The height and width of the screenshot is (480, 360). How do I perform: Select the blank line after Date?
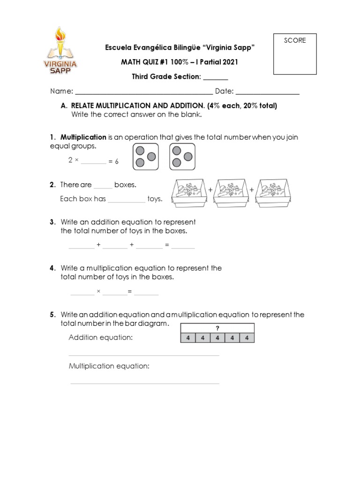[268, 92]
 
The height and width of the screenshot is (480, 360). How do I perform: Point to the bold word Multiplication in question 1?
[83, 137]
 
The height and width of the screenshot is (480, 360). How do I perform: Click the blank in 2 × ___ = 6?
[94, 162]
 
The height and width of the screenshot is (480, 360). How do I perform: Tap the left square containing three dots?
[146, 157]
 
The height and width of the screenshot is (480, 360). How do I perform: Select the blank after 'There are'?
[103, 186]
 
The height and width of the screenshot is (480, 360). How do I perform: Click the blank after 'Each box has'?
[127, 200]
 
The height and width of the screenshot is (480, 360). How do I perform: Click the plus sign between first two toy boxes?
[210, 190]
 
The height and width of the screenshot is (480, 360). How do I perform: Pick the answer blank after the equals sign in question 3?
[183, 246]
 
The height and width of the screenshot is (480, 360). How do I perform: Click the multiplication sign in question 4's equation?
[98, 292]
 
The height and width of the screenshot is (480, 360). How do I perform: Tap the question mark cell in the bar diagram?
[217, 328]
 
